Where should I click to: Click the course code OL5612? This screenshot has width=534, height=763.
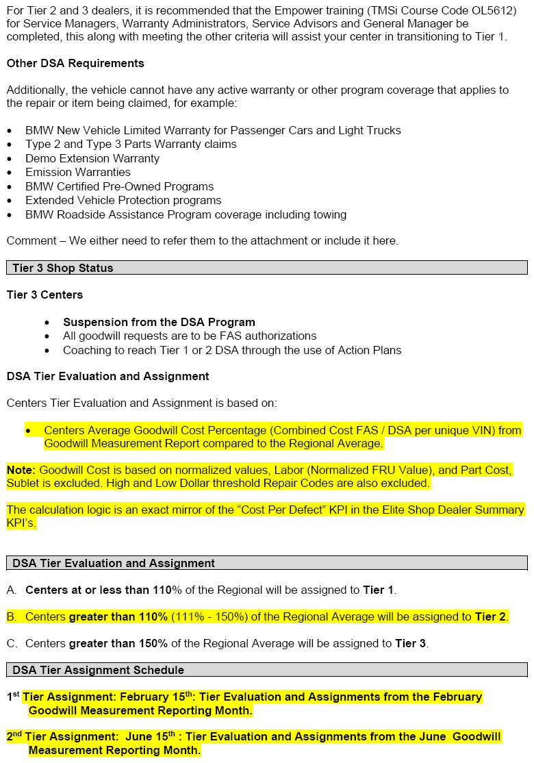coord(492,10)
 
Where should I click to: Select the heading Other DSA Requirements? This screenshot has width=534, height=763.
coord(75,63)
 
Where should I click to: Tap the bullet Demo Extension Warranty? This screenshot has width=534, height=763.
coord(92,158)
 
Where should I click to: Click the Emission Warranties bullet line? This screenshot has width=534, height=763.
coord(78,173)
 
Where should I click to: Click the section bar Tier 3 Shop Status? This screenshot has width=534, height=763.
coord(63,268)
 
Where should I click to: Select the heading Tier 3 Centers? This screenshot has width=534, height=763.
coord(44,295)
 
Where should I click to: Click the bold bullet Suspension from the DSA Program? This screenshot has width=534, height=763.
coord(159,322)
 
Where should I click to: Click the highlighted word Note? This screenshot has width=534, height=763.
coord(21,470)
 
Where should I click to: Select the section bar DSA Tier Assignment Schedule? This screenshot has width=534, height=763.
coord(98,670)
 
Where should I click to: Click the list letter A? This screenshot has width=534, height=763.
coord(11,590)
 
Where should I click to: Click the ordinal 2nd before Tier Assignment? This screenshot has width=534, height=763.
coord(14,737)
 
